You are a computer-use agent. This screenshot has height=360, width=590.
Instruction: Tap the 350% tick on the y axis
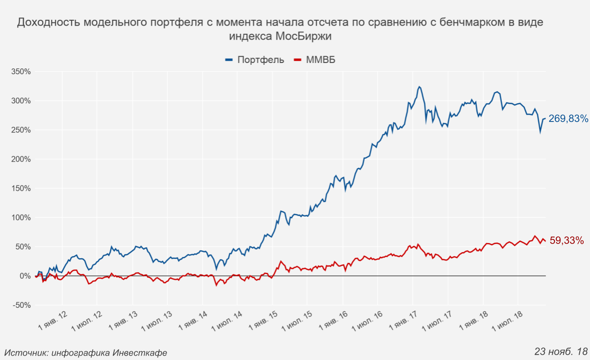pyautogui.click(x=21, y=72)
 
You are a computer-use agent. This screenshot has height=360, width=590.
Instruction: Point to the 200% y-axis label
pyautogui.click(x=21, y=159)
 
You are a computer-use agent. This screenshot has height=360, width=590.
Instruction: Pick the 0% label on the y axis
pyautogui.click(x=25, y=276)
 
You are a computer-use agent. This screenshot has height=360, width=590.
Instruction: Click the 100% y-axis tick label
pyautogui.click(x=21, y=218)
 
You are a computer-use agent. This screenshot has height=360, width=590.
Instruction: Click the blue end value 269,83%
pyautogui.click(x=568, y=119)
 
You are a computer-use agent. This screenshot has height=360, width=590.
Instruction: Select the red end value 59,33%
pyautogui.click(x=567, y=241)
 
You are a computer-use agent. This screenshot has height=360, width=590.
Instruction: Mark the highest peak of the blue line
pyautogui.click(x=419, y=86)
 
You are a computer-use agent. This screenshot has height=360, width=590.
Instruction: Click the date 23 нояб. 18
pyautogui.click(x=561, y=351)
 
